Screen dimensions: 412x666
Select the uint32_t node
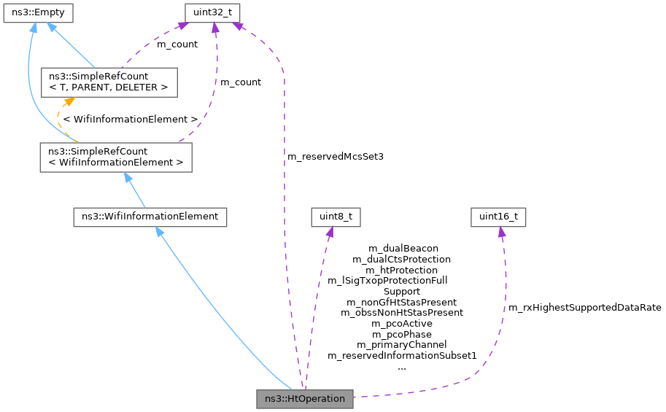pos(212,12)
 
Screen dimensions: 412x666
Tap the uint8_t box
pos(336,217)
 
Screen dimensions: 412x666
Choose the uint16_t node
pos(499,217)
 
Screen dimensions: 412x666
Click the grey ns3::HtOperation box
pos(305,399)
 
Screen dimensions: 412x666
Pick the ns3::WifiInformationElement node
pos(150,217)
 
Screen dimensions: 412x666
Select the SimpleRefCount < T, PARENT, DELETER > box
pos(109,82)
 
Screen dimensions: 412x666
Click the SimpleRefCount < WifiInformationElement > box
pos(116,157)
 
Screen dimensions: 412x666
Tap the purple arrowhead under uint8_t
pos(330,232)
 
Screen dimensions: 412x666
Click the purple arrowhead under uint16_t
pos(501,232)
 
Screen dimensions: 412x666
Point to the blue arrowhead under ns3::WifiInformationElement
pos(160,232)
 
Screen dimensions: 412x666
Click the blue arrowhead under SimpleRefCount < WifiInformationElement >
pos(128,178)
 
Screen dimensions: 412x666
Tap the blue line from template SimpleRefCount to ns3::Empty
pos(73,47)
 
